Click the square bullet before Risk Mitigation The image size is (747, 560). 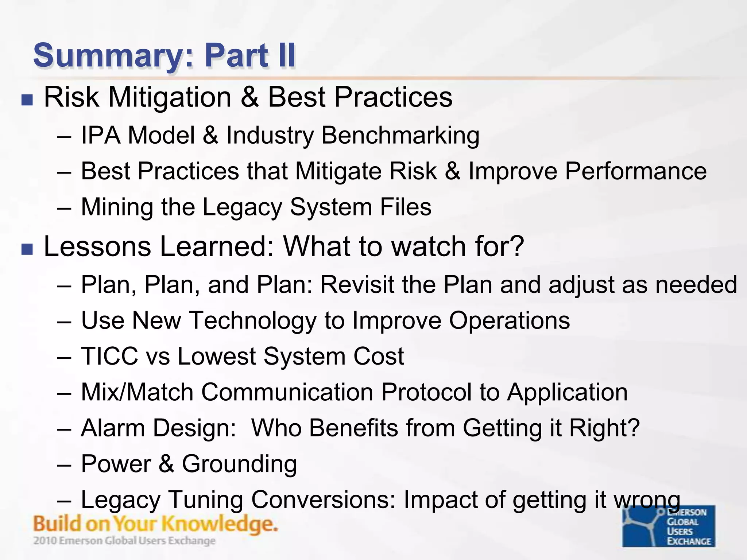(27, 100)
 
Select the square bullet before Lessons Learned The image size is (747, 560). (27, 249)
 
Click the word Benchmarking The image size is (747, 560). (400, 136)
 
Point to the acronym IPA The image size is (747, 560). (101, 135)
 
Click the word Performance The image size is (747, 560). (635, 171)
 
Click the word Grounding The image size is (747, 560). (239, 464)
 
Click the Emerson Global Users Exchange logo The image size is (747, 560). (668, 526)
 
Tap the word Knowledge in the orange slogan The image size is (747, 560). (219, 524)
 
